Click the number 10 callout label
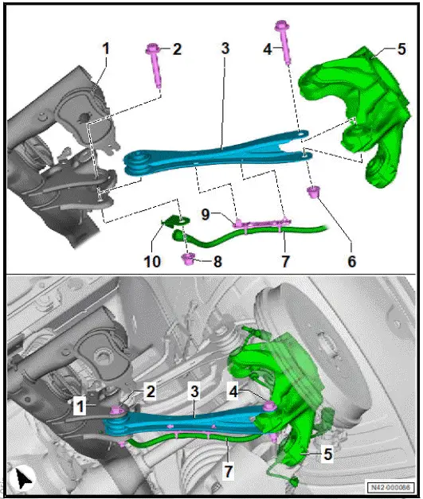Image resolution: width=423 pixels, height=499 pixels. tap(151, 260)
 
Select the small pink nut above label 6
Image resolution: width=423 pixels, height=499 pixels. tap(314, 192)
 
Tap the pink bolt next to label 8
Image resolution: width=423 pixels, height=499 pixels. tap(190, 259)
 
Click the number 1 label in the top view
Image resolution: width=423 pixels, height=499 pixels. tap(104, 49)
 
